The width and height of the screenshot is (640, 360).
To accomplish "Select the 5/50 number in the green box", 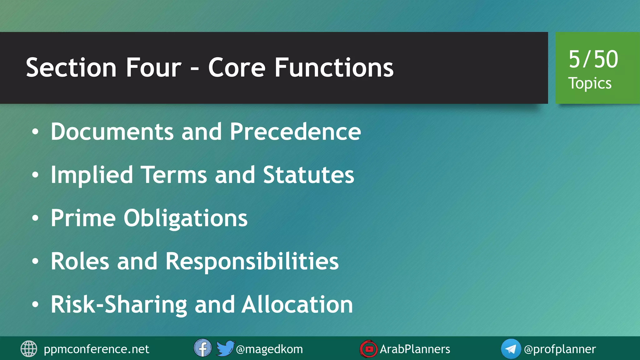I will pyautogui.click(x=593, y=59).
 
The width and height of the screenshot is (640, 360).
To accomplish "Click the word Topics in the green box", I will pyautogui.click(x=590, y=83).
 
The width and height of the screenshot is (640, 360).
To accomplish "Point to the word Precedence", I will pyautogui.click(x=295, y=132).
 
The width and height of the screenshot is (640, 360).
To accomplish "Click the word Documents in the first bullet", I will pyautogui.click(x=112, y=132).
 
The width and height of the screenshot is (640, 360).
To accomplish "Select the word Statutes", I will pyautogui.click(x=308, y=175).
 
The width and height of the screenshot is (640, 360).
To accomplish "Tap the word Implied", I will pyautogui.click(x=92, y=175).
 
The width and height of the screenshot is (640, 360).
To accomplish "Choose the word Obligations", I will pyautogui.click(x=185, y=218).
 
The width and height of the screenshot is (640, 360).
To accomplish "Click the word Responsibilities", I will pyautogui.click(x=252, y=261).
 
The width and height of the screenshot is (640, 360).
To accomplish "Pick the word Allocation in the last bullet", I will pyautogui.click(x=297, y=304).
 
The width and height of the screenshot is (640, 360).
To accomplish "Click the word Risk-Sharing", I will pyautogui.click(x=119, y=305).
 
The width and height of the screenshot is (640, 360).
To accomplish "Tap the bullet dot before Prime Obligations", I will pyautogui.click(x=35, y=218).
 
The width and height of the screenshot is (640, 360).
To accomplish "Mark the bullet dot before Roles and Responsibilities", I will pyautogui.click(x=35, y=261).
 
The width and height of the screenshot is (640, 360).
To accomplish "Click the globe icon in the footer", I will pyautogui.click(x=29, y=349).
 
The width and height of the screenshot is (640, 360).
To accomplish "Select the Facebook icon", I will pyautogui.click(x=202, y=348).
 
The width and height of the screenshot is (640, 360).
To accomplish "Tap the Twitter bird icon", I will pyautogui.click(x=225, y=348).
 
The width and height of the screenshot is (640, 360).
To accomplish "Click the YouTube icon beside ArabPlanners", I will pyautogui.click(x=368, y=349).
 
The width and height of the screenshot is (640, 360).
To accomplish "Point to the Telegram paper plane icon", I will pyautogui.click(x=511, y=349).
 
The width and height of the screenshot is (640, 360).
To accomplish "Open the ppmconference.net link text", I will pyautogui.click(x=96, y=349).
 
